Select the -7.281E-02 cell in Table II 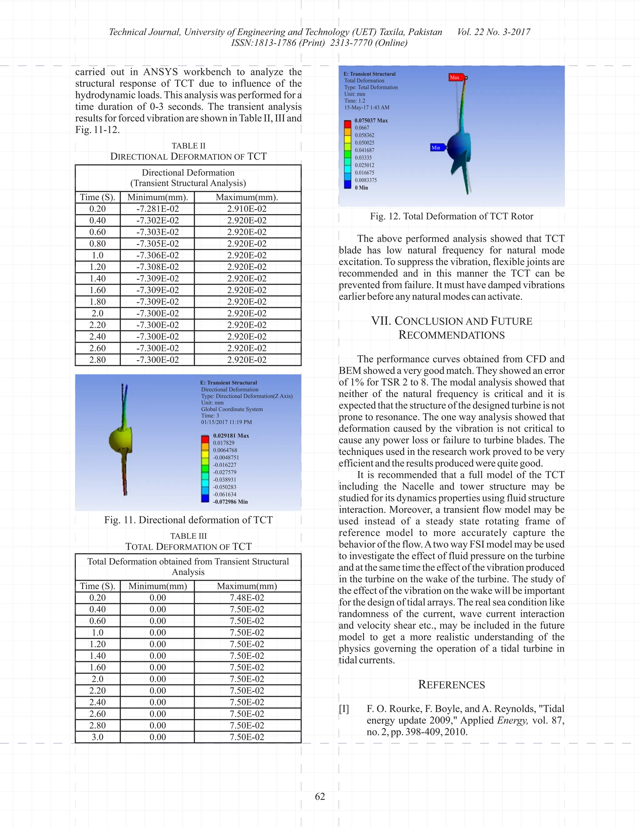pyautogui.click(x=157, y=209)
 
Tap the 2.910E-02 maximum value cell pyautogui.click(x=247, y=209)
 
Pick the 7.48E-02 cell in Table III pyautogui.click(x=247, y=597)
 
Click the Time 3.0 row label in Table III pyautogui.click(x=97, y=737)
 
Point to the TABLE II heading pyautogui.click(x=188, y=146)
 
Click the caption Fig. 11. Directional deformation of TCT pyautogui.click(x=188, y=520)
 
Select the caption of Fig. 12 pyautogui.click(x=452, y=216)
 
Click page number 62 pyautogui.click(x=320, y=796)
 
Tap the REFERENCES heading pyautogui.click(x=451, y=685)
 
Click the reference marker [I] pyautogui.click(x=344, y=709)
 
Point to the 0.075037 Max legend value pyautogui.click(x=371, y=121)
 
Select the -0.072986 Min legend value pyautogui.click(x=230, y=501)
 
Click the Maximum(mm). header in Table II pyautogui.click(x=247, y=197)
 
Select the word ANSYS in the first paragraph pyautogui.click(x=160, y=72)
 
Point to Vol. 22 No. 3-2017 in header pyautogui.click(x=494, y=32)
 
